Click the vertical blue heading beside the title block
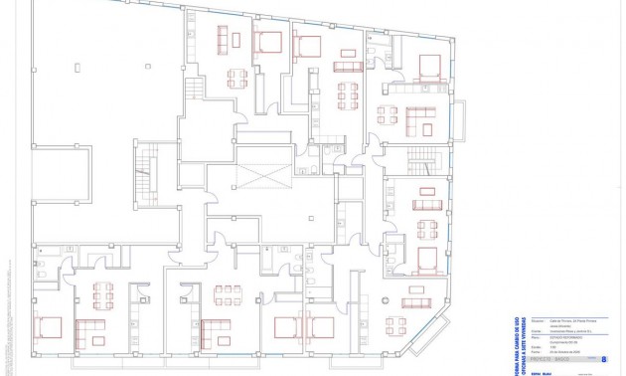[x=517, y=343]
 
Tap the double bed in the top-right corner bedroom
[x=429, y=68]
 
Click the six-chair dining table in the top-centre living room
[x=347, y=95]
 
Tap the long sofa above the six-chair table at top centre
[x=347, y=67]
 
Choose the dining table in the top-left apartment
[x=236, y=78]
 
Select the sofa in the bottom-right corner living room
[x=416, y=301]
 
